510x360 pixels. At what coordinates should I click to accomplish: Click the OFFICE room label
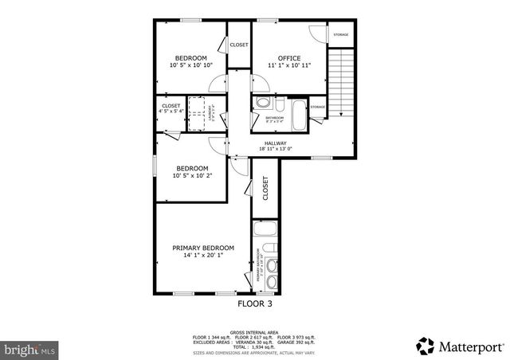[288, 58]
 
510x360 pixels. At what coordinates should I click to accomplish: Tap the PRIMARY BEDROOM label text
[203, 248]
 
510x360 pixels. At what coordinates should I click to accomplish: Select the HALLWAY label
[276, 143]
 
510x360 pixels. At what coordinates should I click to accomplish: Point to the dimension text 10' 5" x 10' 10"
[191, 65]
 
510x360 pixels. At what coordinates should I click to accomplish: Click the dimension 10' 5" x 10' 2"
[192, 176]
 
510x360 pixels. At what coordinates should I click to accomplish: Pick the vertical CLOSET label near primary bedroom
[265, 187]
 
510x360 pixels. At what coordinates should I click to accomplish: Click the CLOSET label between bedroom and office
[239, 45]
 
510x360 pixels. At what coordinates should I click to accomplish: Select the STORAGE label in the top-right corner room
[341, 35]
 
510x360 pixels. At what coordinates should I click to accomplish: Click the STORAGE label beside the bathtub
[317, 107]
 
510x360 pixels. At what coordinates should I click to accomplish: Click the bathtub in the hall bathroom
[298, 116]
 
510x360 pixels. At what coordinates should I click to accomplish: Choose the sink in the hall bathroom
[279, 102]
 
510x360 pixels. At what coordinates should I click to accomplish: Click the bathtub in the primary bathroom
[266, 230]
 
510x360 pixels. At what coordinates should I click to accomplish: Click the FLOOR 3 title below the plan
[254, 303]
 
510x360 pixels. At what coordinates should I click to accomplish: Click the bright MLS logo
[30, 349]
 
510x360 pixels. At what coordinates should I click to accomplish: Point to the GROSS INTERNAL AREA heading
[254, 332]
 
